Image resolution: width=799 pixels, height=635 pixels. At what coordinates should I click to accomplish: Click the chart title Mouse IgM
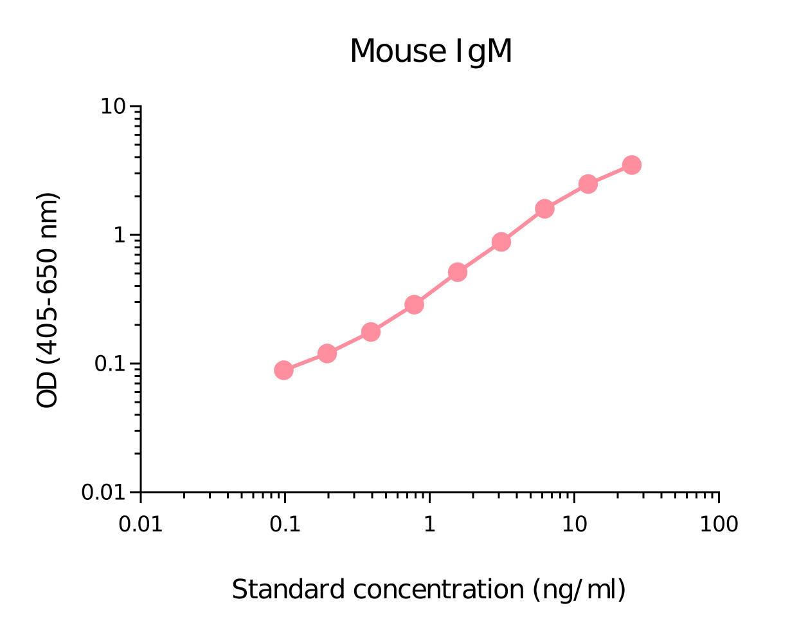pos(431,51)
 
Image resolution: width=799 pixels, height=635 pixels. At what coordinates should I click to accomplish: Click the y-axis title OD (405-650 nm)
pos(48,300)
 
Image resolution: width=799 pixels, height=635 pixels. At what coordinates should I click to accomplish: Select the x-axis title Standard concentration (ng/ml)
pos(428,589)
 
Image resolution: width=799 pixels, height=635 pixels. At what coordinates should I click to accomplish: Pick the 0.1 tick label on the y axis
pos(111,364)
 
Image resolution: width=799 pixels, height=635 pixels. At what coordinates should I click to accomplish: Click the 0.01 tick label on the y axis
pos(106,492)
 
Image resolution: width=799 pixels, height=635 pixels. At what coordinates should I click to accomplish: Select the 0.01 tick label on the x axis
pos(140,524)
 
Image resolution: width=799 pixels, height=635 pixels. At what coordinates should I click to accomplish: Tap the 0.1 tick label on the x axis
pos(285,524)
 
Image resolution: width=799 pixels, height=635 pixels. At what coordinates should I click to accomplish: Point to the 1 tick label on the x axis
pos(429,524)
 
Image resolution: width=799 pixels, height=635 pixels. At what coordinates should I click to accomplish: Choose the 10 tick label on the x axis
pos(574,524)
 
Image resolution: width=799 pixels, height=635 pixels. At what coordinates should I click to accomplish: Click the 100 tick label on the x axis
pos(719,524)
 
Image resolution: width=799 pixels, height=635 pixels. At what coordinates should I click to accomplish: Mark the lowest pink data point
pos(283,370)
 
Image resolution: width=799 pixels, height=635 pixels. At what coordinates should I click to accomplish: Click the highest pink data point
pos(632,165)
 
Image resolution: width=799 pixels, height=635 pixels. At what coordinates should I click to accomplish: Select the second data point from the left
pos(327,353)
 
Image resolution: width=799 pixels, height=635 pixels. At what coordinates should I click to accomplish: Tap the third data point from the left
pos(371,332)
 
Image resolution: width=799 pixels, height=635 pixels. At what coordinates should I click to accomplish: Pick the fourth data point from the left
pos(415,304)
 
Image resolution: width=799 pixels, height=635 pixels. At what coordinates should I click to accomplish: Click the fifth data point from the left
pos(458,272)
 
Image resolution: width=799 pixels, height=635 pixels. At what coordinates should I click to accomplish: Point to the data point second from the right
pos(588,184)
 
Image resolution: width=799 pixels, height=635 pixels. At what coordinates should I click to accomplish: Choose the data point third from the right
pos(545,208)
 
